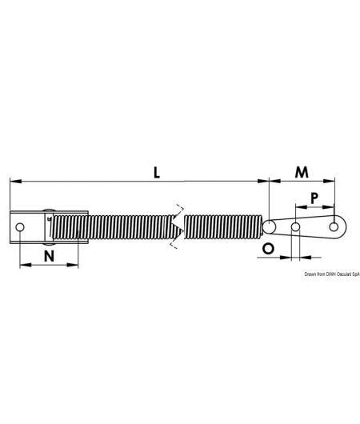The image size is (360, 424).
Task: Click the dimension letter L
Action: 158,172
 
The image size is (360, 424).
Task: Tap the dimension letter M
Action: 302,172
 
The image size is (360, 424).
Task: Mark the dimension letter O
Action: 269,249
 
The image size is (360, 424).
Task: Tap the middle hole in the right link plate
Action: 296,228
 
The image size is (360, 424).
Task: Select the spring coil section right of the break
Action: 224,226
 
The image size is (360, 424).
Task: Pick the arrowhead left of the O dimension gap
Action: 289,258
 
